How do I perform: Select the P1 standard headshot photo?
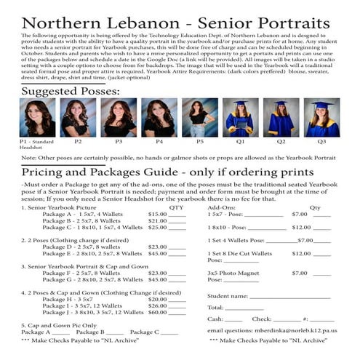[x=36, y=118]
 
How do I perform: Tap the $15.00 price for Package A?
[x=158, y=215]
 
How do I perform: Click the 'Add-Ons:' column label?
[x=222, y=207]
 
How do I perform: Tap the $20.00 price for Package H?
[x=158, y=298]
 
